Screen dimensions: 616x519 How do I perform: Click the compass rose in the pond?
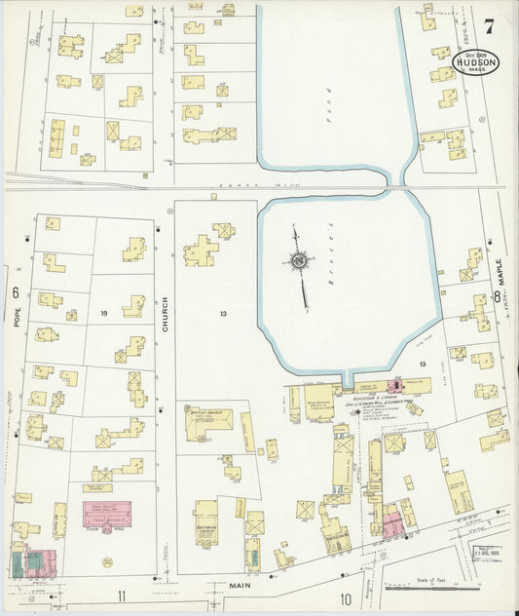click(298, 260)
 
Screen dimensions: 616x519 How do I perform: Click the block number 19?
click(102, 313)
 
